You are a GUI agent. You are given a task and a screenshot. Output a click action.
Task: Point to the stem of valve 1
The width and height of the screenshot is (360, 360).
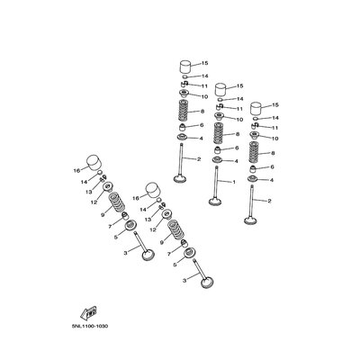coord(217,180)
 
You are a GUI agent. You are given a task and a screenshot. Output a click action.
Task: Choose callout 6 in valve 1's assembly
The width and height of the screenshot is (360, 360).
coord(236,148)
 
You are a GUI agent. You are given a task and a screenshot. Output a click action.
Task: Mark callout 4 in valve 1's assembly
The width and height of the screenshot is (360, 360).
coord(236,161)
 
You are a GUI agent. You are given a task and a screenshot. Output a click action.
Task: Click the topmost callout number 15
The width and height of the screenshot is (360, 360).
coord(204,63)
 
